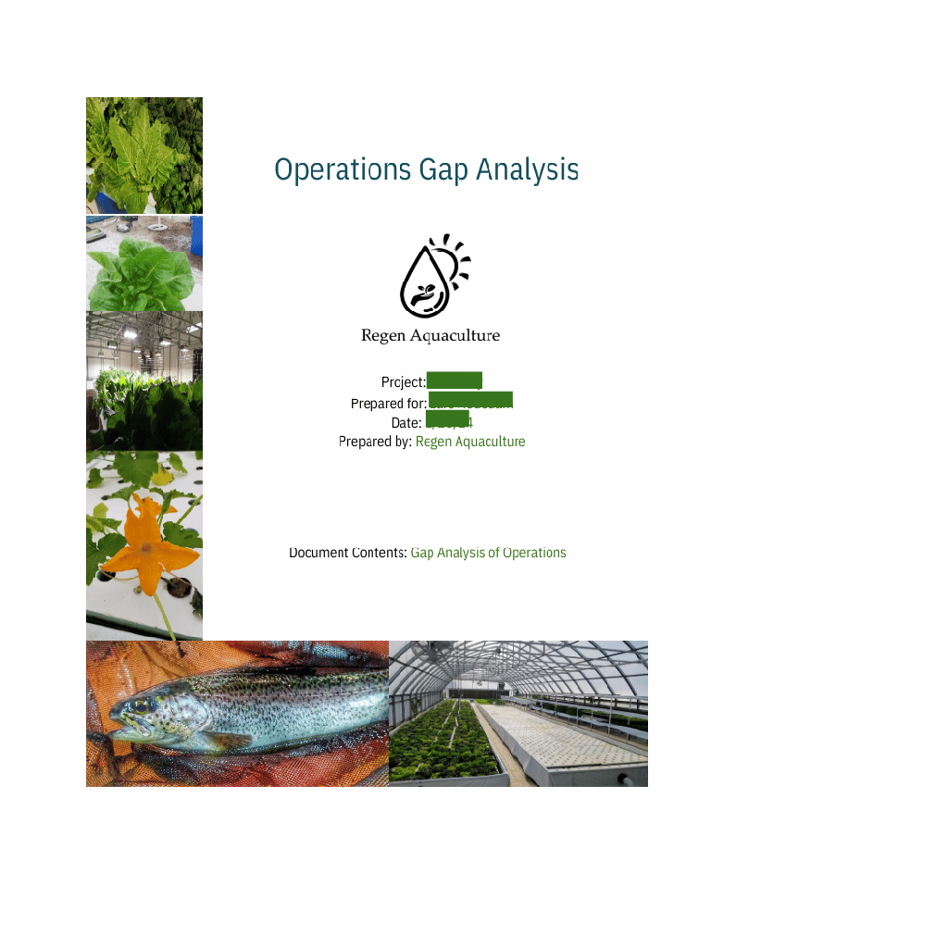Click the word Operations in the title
[343, 170]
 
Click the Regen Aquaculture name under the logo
[430, 335]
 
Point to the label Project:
[403, 382]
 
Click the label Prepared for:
[388, 404]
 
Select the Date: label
[406, 423]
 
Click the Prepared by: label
[375, 442]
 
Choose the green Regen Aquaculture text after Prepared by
[470, 442]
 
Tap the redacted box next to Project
[455, 380]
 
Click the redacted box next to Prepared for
[470, 400]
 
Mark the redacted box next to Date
[447, 418]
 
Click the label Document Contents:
[348, 553]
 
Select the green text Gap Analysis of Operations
[488, 553]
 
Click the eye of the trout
[140, 707]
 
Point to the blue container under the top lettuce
[104, 202]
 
